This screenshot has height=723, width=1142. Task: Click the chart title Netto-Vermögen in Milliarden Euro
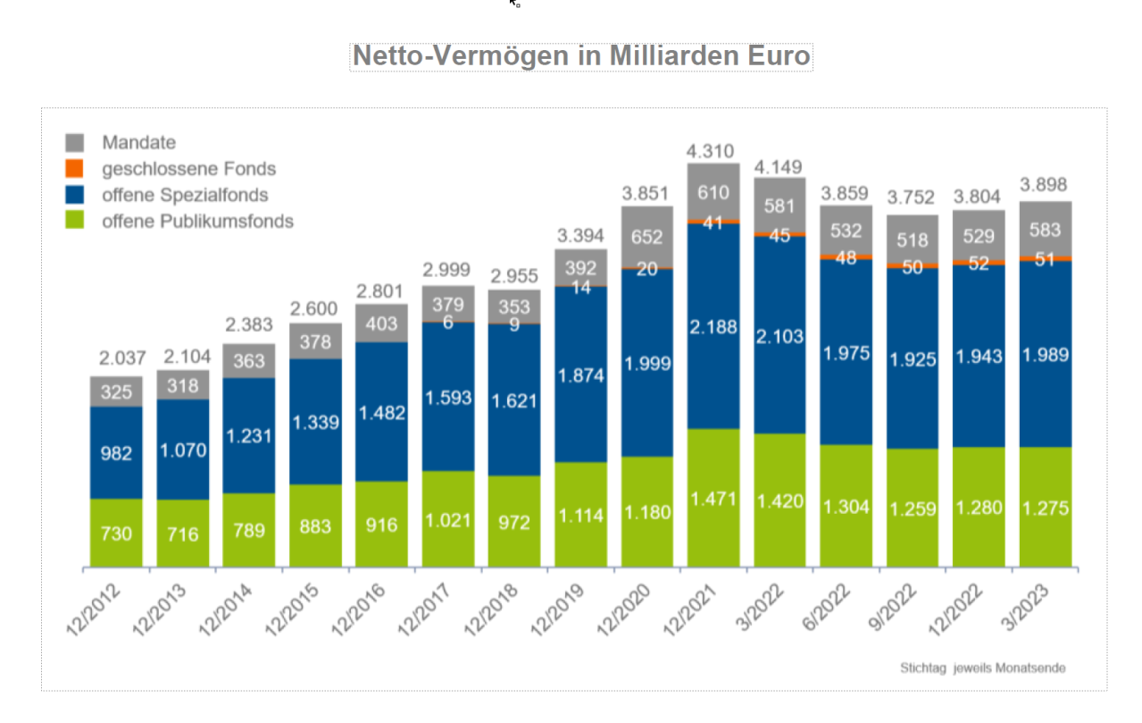581,55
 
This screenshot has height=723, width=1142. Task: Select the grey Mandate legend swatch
76,142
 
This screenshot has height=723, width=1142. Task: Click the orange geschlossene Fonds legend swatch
76,168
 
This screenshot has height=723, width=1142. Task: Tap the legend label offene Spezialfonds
185,195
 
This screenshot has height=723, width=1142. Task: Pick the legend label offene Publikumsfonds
197,222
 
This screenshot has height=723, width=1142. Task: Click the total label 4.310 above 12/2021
713,149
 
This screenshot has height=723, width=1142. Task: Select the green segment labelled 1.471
713,498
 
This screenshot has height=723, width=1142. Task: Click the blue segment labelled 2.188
713,327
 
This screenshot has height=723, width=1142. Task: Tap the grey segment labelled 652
646,237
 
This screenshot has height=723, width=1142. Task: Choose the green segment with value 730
116,534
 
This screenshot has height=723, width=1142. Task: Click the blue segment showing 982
116,453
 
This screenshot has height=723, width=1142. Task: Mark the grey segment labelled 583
1045,229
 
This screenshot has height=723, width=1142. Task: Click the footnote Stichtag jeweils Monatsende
982,668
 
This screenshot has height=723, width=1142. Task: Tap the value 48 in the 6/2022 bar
846,257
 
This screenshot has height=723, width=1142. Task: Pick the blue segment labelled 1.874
580,375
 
